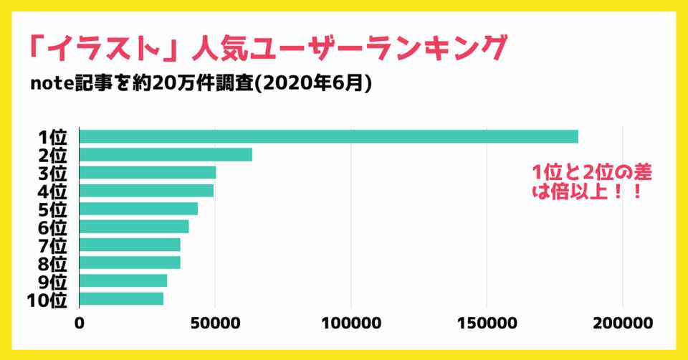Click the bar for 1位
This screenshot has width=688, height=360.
[x=328, y=137]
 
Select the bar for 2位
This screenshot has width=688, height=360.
[x=166, y=155]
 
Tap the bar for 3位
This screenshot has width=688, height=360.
[x=148, y=173]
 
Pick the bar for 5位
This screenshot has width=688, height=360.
[x=138, y=209]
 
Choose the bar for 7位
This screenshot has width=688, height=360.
[x=130, y=245]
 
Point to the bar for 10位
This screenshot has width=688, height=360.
[x=121, y=298]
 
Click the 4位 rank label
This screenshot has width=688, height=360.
[x=52, y=191]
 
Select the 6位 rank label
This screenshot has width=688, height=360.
[x=52, y=227]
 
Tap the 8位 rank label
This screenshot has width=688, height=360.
[x=52, y=263]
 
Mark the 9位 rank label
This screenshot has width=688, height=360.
[x=52, y=281]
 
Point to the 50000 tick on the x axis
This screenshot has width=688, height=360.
[x=215, y=323]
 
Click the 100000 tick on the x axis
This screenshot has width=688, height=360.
[x=351, y=323]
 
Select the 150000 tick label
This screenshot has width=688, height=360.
[x=487, y=323]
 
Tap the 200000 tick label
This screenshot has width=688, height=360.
[x=622, y=323]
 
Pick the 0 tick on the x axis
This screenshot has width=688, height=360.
[x=80, y=323]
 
